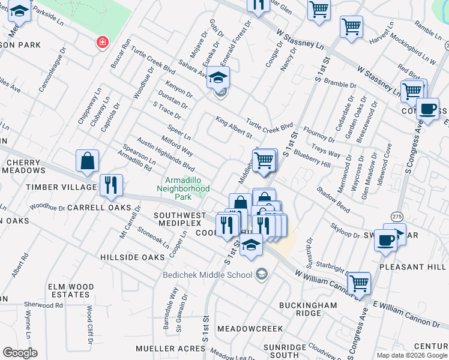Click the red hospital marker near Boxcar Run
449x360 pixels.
click(x=103, y=42)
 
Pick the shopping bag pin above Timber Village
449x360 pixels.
click(x=88, y=161)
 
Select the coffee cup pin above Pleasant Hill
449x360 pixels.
click(x=385, y=240)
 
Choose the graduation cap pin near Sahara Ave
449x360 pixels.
click(x=219, y=78)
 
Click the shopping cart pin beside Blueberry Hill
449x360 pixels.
click(x=264, y=161)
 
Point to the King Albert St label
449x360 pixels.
click(x=234, y=127)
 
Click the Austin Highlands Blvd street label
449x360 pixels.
click(x=166, y=154)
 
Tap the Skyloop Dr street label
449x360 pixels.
click(x=345, y=230)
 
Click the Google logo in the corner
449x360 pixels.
click(x=20, y=353)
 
